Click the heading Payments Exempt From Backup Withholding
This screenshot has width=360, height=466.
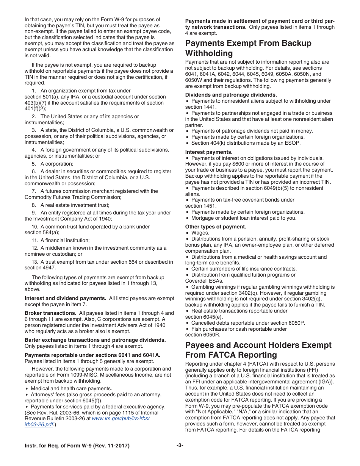(248, 48)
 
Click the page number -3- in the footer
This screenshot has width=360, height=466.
(180, 446)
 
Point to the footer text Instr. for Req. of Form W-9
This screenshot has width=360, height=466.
(77, 446)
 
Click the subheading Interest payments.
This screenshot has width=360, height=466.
(209, 152)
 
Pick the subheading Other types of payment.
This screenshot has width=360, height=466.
(216, 227)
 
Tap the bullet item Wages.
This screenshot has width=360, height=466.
(200, 233)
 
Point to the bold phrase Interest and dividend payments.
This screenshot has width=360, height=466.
(65, 298)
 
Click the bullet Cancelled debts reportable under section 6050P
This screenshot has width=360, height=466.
(248, 323)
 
